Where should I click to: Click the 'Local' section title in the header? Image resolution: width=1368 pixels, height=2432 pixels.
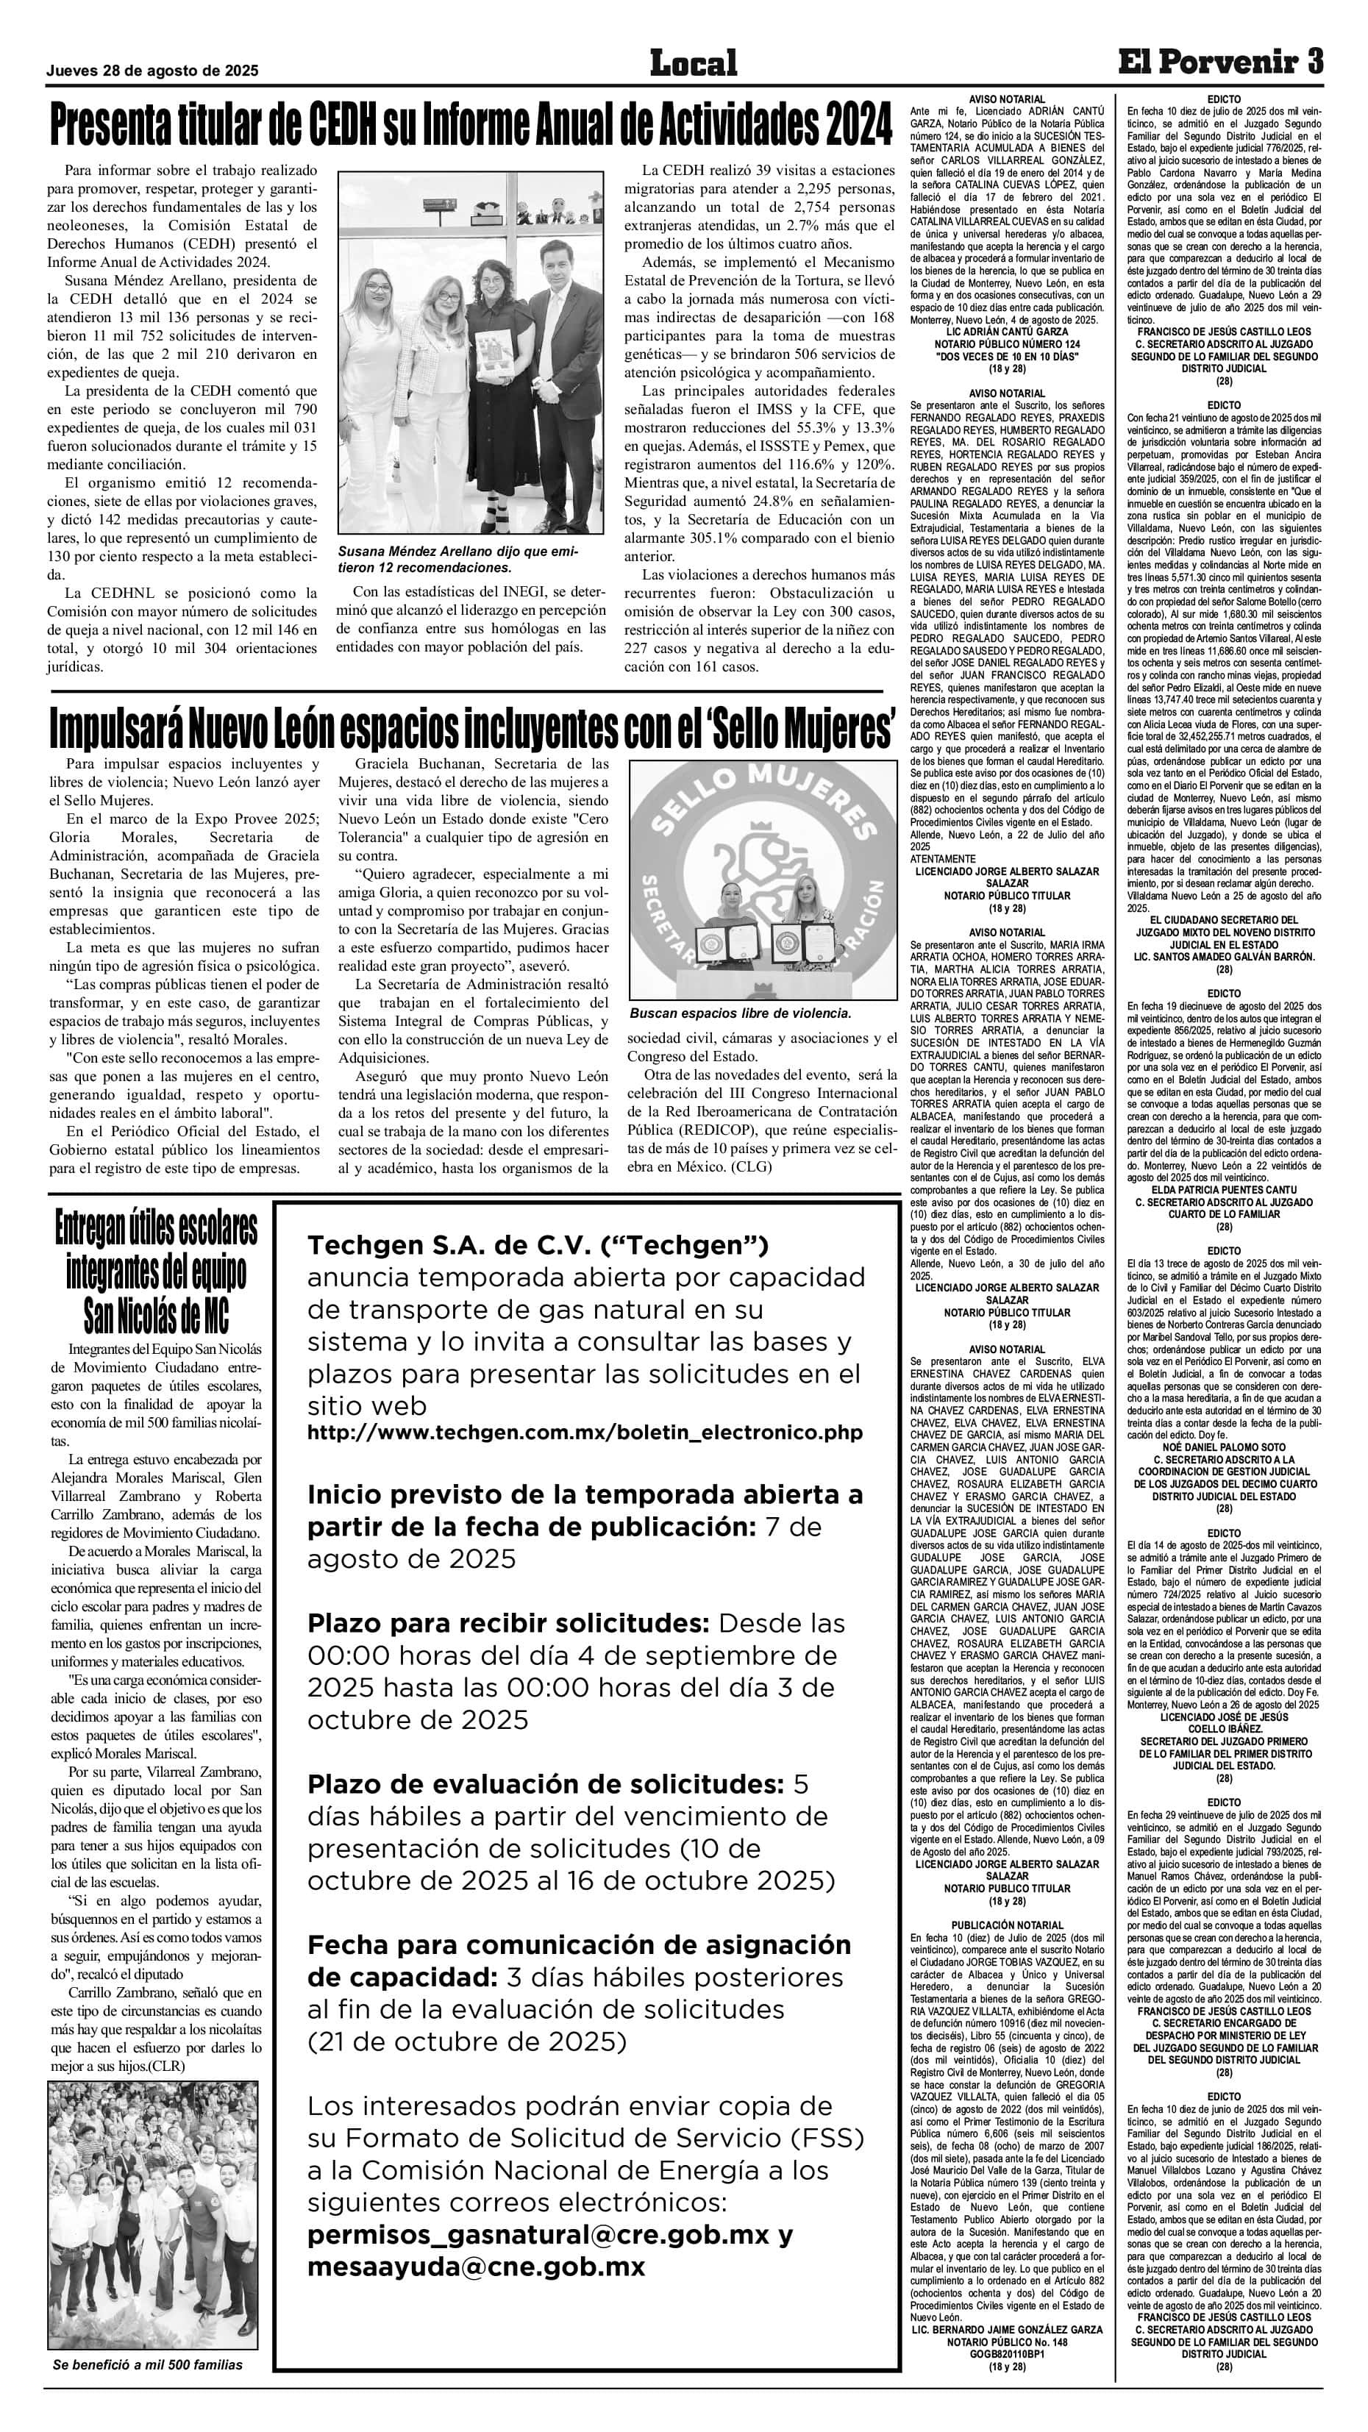(693, 63)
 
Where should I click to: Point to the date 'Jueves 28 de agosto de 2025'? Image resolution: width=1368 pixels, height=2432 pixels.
(152, 71)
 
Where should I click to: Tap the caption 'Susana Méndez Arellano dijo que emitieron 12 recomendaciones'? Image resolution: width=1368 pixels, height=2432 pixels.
(458, 560)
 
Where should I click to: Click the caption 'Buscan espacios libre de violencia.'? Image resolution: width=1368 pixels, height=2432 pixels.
(740, 1013)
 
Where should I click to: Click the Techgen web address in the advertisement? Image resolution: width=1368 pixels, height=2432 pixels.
(585, 1432)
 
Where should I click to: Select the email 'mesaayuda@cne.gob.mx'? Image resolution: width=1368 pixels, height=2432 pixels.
(476, 2267)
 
